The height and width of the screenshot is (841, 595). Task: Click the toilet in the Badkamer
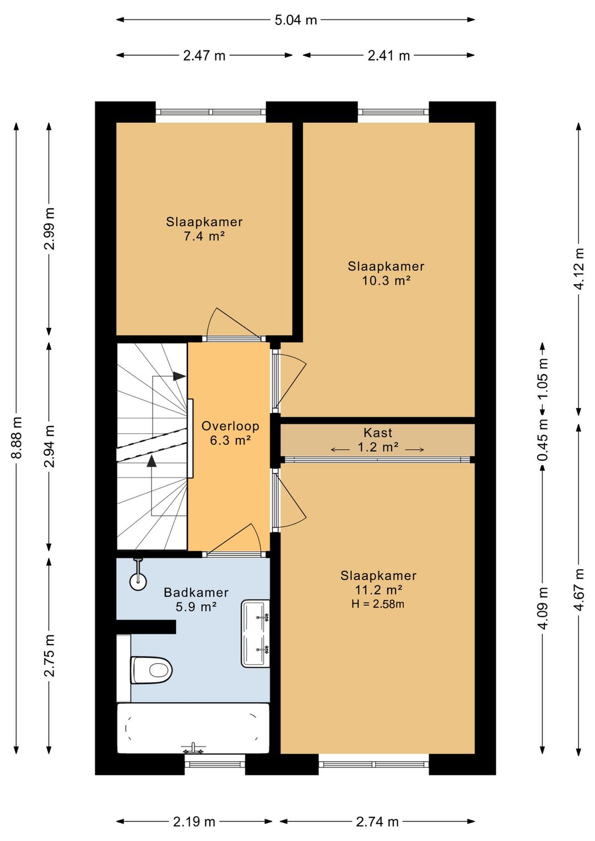[152, 670]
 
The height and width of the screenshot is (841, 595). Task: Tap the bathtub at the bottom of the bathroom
[193, 729]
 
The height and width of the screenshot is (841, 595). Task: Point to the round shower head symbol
[138, 581]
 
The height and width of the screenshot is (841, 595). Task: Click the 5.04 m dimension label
[296, 20]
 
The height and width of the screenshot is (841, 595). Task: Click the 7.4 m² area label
[204, 236]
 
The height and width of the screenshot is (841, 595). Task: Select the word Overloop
[230, 426]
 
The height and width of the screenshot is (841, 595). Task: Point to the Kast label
[377, 433]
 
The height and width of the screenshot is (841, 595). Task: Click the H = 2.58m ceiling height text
[377, 604]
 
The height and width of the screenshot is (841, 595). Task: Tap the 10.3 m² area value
[386, 281]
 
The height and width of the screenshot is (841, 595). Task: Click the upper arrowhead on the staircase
[180, 376]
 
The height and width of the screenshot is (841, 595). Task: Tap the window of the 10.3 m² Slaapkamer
[393, 112]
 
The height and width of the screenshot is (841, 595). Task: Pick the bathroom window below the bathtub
[215, 764]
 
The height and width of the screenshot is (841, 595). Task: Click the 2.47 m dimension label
[204, 56]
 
